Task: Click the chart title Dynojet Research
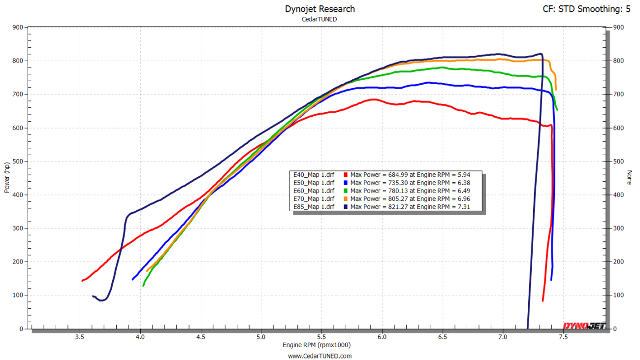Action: pos(320,9)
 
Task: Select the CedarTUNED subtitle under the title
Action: pos(320,19)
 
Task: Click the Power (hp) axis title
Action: pos(7,177)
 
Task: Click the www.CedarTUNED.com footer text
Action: pos(320,356)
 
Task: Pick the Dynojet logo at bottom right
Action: pos(584,326)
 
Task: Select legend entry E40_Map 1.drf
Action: pos(314,174)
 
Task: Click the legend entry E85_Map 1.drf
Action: pos(314,207)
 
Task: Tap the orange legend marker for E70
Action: pos(346,199)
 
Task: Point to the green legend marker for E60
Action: pos(346,191)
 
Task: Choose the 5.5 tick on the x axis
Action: pos(322,337)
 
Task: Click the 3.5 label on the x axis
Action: pos(80,337)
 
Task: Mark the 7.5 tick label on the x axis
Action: pos(563,337)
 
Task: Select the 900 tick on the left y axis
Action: pos(18,28)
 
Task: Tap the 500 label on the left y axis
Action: pos(18,162)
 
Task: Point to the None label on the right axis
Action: pos(629,177)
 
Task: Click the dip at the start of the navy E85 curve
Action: pos(101,300)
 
